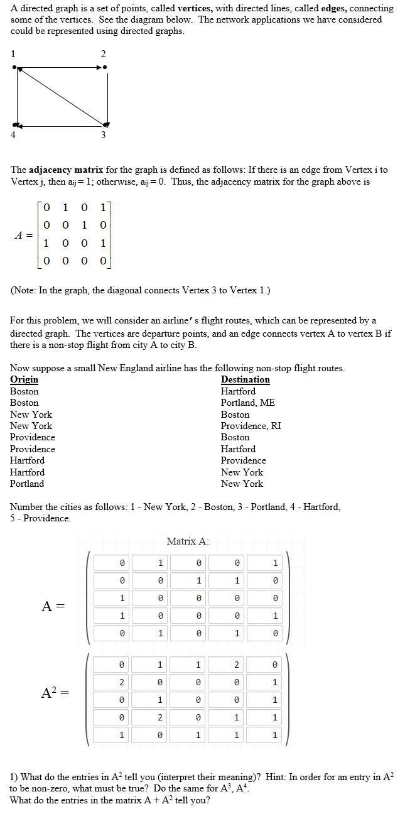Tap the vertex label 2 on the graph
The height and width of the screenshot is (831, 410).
point(104,53)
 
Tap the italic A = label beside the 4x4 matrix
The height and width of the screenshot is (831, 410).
point(23,236)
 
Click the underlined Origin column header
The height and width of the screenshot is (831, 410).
point(24,379)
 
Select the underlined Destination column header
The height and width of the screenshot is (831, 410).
point(245,379)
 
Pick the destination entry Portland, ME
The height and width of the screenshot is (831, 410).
point(248,403)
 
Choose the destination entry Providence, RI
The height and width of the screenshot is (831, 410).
point(251,426)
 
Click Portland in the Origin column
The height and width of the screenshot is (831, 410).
point(27,484)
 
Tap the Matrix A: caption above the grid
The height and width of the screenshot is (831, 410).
point(188,541)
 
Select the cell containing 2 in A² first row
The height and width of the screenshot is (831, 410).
point(236,665)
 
